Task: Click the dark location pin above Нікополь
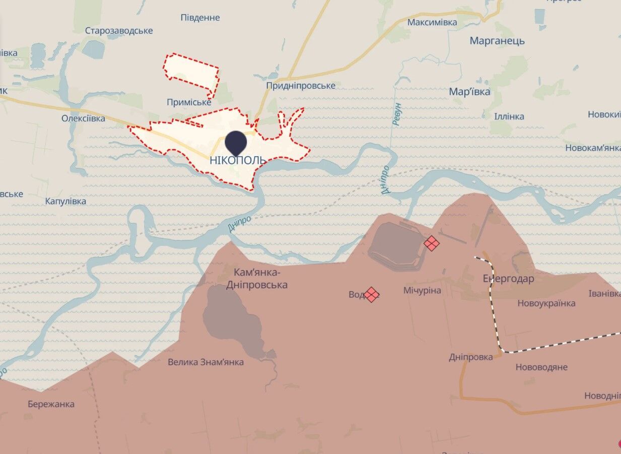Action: point(236,142)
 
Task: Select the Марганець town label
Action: point(497,41)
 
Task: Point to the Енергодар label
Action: point(508,279)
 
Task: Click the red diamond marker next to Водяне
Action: point(372,294)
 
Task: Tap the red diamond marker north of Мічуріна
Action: point(431,243)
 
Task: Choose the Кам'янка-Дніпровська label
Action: point(260,279)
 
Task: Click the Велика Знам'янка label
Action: point(205,362)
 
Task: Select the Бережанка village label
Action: point(51,404)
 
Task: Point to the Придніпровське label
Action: point(301,86)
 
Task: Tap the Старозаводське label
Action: point(119,31)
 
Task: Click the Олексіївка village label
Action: point(83,118)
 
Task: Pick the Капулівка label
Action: point(65,201)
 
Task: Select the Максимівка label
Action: point(432,22)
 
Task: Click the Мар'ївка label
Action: point(469,92)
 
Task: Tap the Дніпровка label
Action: point(471,357)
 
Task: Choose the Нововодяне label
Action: point(541,367)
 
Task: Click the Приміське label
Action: point(189,102)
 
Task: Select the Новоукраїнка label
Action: point(546,303)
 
